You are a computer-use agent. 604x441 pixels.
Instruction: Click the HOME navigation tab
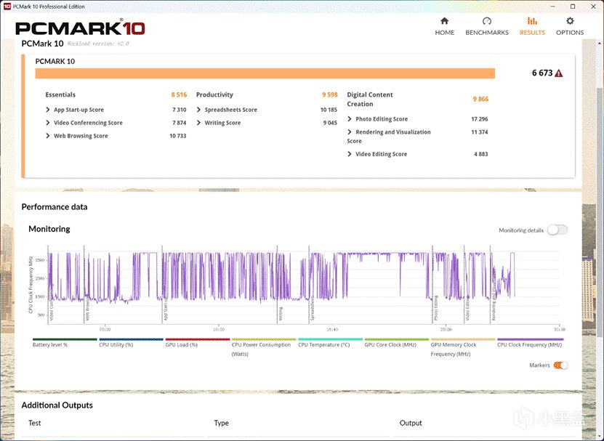[x=444, y=26]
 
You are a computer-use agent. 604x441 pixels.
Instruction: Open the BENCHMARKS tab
[x=486, y=26]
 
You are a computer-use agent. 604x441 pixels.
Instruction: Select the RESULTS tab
[x=532, y=26]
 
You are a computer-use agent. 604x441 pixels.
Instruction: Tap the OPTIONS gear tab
[x=569, y=26]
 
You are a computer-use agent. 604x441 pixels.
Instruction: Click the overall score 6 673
[x=542, y=73]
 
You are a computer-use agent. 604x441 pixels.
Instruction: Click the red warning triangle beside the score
[x=558, y=73]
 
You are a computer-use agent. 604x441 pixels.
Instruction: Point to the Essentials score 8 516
[x=179, y=94]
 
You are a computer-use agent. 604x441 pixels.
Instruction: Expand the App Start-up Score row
[x=78, y=110]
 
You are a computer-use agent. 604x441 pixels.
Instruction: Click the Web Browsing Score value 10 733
[x=178, y=136]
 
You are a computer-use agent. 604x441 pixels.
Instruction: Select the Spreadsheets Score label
[x=230, y=110]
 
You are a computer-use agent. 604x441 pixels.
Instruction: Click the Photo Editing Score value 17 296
[x=479, y=119]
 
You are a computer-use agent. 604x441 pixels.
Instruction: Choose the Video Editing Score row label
[x=381, y=154]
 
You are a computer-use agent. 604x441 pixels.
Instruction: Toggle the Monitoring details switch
[x=557, y=230]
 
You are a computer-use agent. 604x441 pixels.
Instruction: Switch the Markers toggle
[x=560, y=365]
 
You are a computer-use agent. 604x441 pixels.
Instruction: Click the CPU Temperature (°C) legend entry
[x=323, y=344]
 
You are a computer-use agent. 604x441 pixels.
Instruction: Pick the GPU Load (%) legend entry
[x=182, y=344]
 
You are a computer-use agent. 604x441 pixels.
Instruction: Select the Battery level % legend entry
[x=50, y=344]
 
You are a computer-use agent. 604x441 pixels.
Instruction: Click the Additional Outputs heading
[x=57, y=405]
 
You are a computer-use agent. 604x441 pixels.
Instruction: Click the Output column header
[x=411, y=423]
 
